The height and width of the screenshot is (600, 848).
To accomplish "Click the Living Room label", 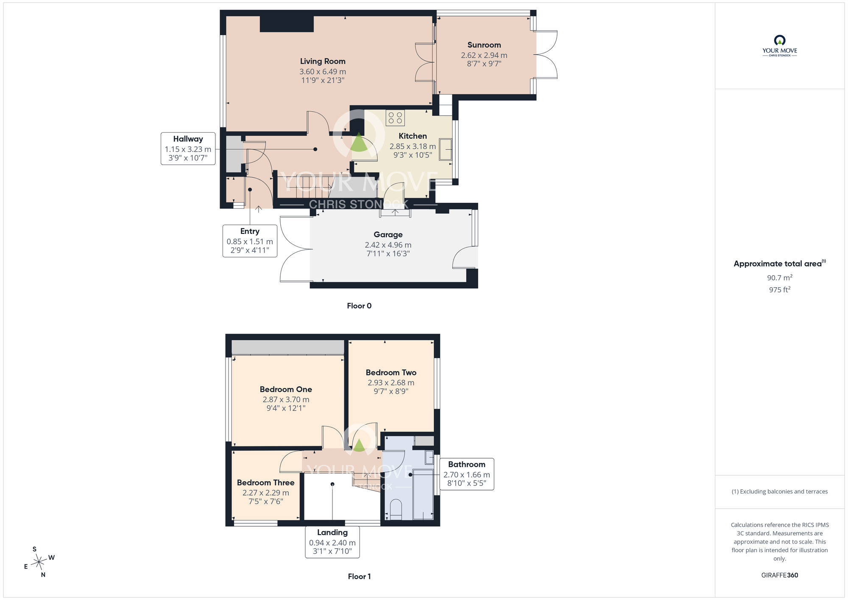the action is click(323, 62).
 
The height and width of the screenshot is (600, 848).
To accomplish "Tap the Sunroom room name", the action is click(484, 45).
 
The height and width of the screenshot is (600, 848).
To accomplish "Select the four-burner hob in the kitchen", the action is click(395, 118).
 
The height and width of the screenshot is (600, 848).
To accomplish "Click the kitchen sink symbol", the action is click(446, 149).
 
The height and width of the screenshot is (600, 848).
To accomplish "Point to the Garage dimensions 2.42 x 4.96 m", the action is click(388, 245).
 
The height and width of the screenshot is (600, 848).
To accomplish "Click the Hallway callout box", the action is click(188, 149).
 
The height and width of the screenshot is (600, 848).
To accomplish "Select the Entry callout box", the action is click(250, 241).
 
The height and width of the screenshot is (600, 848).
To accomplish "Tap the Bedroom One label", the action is click(286, 390).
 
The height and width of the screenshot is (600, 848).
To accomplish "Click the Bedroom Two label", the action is click(391, 373).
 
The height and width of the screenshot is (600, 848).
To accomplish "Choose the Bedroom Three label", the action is click(265, 483).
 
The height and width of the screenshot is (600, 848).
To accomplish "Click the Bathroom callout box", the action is click(467, 474).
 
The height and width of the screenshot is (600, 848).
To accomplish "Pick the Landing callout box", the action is click(332, 542).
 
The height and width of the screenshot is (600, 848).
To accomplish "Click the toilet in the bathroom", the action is click(395, 509).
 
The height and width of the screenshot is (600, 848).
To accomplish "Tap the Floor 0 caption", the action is click(359, 306).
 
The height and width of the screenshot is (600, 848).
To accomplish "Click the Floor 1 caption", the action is click(359, 577).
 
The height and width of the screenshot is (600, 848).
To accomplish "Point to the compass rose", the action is click(39, 562).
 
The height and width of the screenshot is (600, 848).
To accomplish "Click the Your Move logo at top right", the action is click(780, 46).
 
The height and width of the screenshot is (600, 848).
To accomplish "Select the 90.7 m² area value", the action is click(780, 278).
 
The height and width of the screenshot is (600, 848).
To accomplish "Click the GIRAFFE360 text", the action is click(780, 575).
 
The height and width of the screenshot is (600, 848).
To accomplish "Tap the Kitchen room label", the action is click(413, 136).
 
